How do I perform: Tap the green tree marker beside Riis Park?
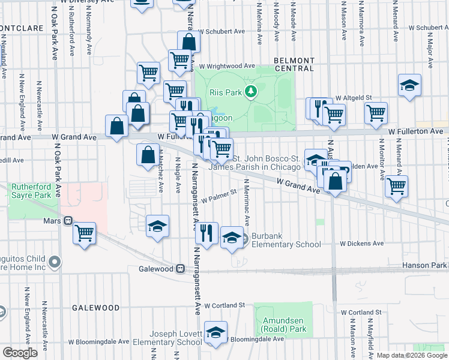click(x=253, y=92)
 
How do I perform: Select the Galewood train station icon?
click(x=180, y=268)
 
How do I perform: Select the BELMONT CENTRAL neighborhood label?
click(x=294, y=64)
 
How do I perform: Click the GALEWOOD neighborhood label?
click(x=96, y=307)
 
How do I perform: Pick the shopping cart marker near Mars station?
click(x=85, y=232)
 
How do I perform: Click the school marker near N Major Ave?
click(x=409, y=85)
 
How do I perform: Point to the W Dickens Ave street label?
click(x=361, y=244)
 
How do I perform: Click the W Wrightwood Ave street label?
click(x=228, y=66)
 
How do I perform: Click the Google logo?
click(x=20, y=353)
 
